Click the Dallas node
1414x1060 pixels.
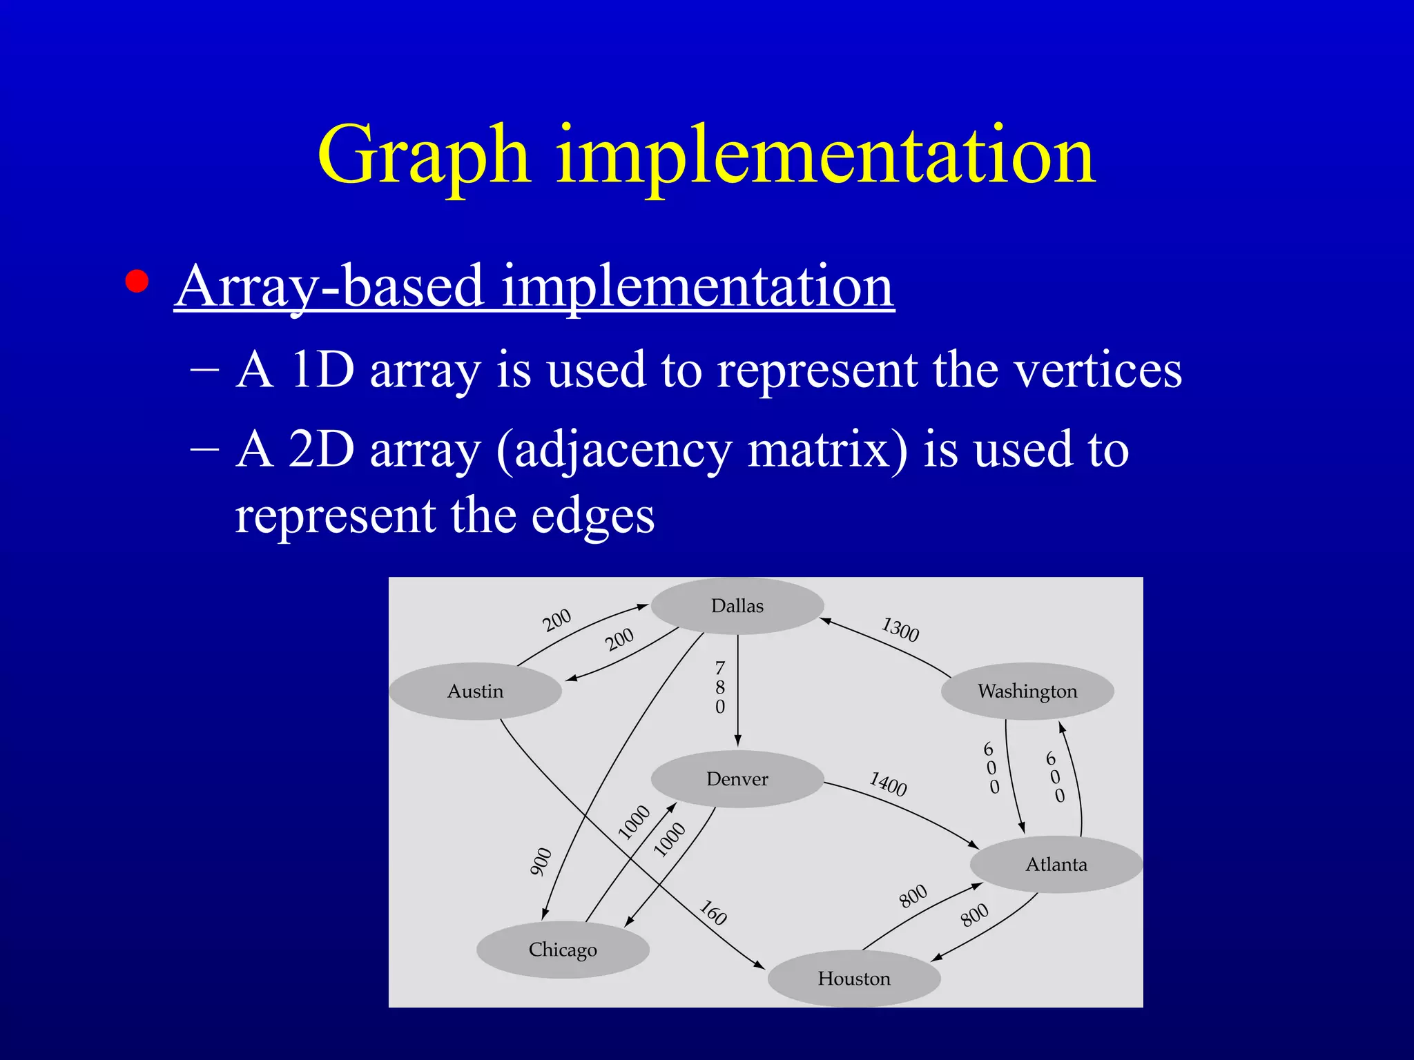[x=737, y=606]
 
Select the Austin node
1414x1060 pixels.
[x=475, y=691]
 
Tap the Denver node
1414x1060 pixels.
[x=737, y=779]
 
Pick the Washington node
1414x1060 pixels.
[x=1027, y=691]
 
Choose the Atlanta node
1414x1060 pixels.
[x=1056, y=864]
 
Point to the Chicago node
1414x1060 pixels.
[x=563, y=950]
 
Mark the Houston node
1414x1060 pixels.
[x=854, y=979]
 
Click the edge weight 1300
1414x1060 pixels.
[x=900, y=629]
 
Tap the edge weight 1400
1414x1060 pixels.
[x=888, y=784]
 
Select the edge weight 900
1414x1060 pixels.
[x=541, y=862]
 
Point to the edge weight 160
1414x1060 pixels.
[x=713, y=912]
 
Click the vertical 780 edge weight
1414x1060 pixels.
[x=720, y=687]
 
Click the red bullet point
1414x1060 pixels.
[x=137, y=282]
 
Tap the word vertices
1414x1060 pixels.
[x=1098, y=371]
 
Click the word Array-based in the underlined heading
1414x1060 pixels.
[x=330, y=286]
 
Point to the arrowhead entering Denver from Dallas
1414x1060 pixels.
[x=737, y=740]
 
